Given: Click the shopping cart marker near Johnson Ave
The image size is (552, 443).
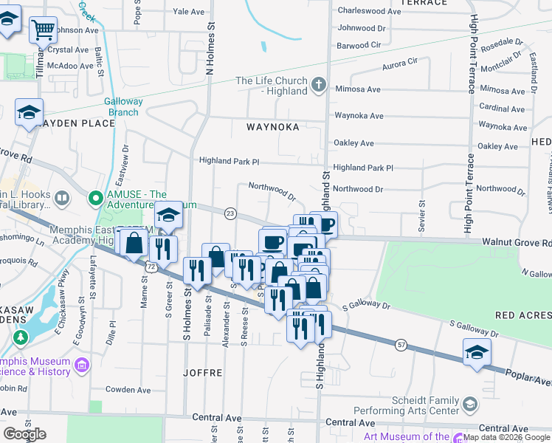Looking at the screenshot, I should tap(44, 30).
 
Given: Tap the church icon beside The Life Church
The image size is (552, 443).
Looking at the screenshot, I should tap(319, 85).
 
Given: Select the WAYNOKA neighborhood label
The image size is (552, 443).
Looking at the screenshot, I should tap(273, 127).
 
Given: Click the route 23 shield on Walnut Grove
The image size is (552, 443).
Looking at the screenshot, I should tap(230, 213).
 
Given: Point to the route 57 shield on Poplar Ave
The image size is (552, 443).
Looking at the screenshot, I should tap(401, 344).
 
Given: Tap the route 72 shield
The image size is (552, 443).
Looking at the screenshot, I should tap(151, 264).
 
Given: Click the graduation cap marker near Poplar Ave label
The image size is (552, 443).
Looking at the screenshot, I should tap(477, 352).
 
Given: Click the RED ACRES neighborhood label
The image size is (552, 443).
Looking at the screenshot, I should tap(523, 315).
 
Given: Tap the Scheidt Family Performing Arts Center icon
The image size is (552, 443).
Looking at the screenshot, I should tap(470, 405).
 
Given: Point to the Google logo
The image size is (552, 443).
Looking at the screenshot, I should tap(24, 434).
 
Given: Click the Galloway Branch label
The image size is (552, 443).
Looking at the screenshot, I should tap(122, 107).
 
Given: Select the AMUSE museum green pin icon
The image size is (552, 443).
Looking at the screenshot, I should tap(95, 199).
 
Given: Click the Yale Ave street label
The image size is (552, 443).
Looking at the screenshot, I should tap(188, 12).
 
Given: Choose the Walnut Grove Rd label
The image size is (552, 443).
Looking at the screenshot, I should tap(517, 242).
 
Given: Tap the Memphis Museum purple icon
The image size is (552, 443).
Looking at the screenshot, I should tap(81, 364).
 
